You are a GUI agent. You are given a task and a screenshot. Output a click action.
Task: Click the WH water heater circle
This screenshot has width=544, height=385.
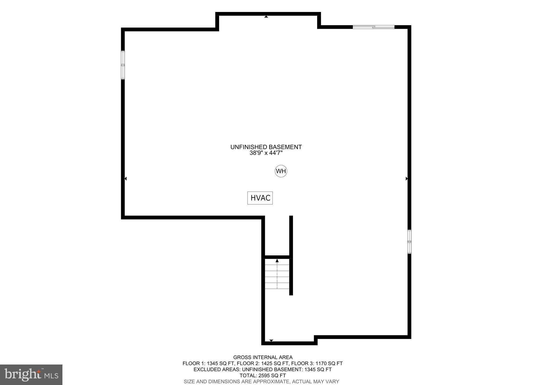(281, 171)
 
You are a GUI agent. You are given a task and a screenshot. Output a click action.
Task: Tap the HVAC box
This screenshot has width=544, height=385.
(260, 198)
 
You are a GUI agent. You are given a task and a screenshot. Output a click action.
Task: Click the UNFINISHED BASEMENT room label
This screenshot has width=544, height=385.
(266, 147)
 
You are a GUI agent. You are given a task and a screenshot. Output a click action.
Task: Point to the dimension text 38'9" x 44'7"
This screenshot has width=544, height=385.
(266, 153)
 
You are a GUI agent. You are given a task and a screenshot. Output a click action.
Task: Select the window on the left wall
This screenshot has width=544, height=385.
(123, 65)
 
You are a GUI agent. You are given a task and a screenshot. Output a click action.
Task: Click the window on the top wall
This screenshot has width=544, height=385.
(373, 27)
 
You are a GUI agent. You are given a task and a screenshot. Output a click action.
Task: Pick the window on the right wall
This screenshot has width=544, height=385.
(409, 242)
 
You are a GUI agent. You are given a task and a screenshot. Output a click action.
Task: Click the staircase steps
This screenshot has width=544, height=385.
(277, 277)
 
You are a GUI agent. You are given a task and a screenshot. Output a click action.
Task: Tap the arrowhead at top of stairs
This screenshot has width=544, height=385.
(277, 261)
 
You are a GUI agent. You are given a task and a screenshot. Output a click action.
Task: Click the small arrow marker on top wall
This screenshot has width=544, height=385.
(266, 16)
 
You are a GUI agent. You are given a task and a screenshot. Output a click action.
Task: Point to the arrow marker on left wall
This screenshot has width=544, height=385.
(126, 179)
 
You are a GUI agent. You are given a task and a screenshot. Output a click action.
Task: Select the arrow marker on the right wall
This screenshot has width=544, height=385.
(406, 179)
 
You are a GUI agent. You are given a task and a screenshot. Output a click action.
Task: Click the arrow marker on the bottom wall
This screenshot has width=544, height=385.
(271, 341)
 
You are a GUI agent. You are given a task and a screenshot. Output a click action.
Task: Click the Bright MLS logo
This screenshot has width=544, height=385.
(31, 375)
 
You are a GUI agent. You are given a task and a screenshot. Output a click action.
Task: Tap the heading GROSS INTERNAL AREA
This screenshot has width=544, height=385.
(263, 357)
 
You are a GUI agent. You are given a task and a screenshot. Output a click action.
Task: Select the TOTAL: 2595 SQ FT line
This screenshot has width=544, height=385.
(263, 376)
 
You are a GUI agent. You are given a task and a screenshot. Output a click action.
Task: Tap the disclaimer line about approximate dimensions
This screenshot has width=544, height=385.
(261, 382)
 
